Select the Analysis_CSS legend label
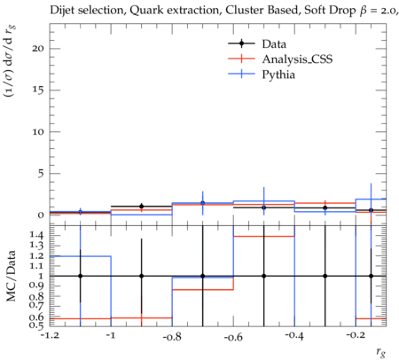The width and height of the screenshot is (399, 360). pos(297,59)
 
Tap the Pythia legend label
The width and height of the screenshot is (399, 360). pos(278,74)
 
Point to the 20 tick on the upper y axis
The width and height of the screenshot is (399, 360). pos(38,49)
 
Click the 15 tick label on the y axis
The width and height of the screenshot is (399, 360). pos(38,90)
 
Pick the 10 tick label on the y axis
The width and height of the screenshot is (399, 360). pos(38,132)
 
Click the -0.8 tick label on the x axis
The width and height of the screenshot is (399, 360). pos(172,337)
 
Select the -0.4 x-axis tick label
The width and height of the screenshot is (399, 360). pos(294,336)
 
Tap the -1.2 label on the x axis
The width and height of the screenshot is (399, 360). pos(51,335)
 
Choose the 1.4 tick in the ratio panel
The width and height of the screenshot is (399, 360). pos(36,236)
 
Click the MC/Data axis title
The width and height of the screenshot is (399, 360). pos(11,276)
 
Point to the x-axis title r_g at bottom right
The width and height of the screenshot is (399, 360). pos(381,352)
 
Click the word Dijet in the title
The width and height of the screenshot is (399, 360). pos(62,11)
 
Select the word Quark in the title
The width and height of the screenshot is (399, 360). pos(144,11)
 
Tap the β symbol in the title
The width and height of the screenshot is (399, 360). pos(364,12)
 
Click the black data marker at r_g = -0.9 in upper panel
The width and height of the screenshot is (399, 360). pos(142,207)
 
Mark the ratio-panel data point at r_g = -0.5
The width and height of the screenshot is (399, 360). pos(264,276)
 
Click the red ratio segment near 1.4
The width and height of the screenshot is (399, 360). pos(264,236)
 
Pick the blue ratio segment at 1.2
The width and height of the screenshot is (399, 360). pos(81,256)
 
